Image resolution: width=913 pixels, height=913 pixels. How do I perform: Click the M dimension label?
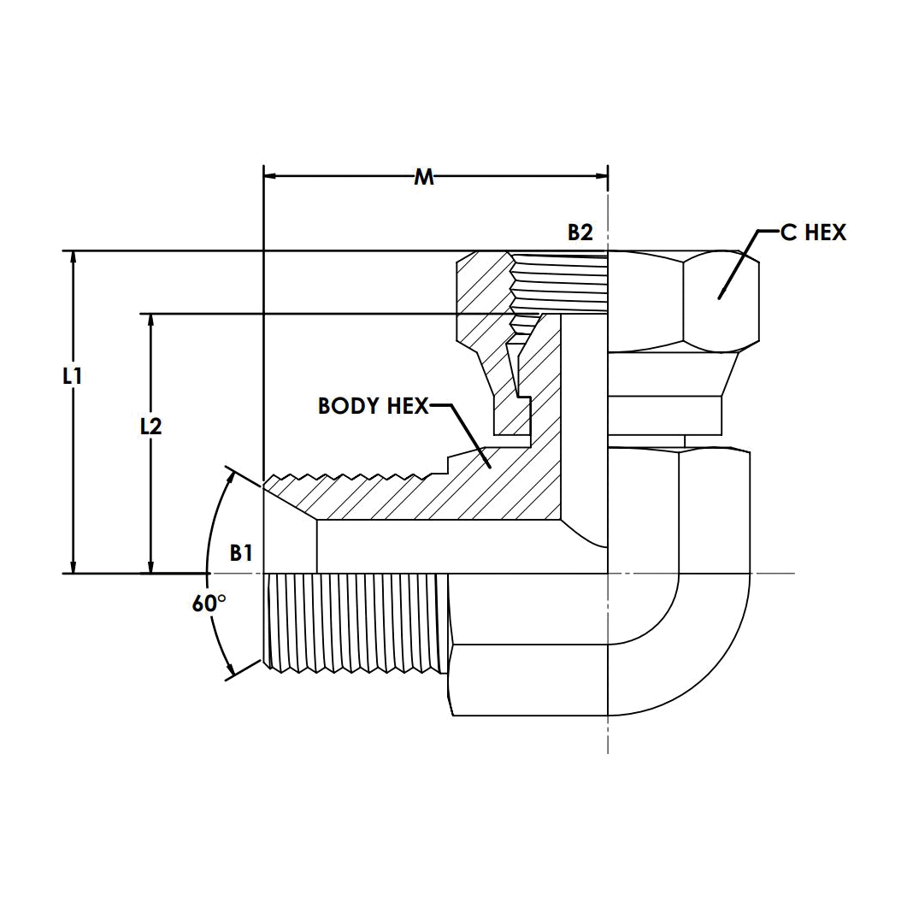pos(424,177)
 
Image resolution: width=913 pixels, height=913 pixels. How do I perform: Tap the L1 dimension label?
pos(72,376)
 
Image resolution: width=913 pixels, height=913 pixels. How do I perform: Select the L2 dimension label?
pos(150,427)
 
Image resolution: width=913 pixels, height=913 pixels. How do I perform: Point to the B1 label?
pos(241,552)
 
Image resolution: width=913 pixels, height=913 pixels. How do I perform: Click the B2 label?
pos(580,233)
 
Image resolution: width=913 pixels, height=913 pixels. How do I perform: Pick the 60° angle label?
pos(209,604)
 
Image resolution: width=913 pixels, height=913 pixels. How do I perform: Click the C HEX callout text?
pos(813,233)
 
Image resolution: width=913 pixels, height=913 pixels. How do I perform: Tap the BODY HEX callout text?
pos(374,406)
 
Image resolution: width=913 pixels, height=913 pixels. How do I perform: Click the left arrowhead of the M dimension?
pos(270,175)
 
